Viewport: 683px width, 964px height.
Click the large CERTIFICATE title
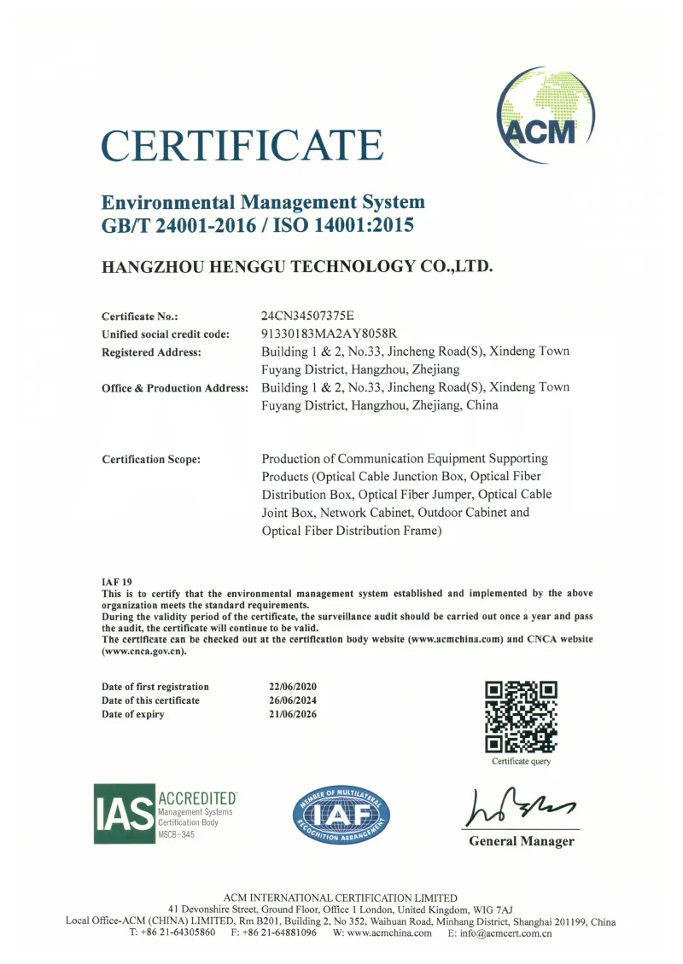coord(242,145)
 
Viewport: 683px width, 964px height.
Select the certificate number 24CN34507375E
coord(311,316)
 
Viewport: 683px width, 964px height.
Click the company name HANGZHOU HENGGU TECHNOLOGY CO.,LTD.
coord(297,266)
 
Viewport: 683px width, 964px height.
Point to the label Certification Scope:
coord(151,460)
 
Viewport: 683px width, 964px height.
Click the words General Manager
coord(521,841)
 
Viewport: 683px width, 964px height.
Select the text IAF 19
coord(117,580)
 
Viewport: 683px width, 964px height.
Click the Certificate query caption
coord(521,761)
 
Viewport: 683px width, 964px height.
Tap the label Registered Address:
coord(151,351)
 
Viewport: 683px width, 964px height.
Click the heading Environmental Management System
coord(263,203)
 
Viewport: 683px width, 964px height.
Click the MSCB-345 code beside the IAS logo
coord(177,834)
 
